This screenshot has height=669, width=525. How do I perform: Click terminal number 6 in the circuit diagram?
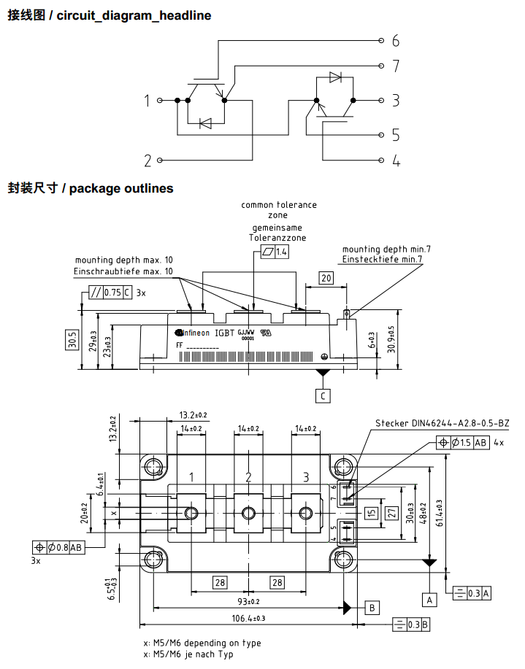(395, 40)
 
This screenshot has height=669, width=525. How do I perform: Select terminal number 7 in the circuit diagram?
(395, 66)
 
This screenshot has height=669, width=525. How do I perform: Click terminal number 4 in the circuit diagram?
(396, 161)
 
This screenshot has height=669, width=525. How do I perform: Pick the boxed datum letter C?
(323, 396)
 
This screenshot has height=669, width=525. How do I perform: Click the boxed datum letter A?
(430, 600)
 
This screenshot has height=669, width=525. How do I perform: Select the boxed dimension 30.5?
(72, 340)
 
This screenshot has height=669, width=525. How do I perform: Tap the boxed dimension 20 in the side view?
(326, 278)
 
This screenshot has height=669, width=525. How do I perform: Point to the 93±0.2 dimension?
(249, 601)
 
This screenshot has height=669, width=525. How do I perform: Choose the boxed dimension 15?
(372, 513)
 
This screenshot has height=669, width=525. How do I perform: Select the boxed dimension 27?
(391, 513)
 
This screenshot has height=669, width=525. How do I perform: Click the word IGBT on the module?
(225, 333)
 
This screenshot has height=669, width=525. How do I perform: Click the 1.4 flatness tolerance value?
(282, 252)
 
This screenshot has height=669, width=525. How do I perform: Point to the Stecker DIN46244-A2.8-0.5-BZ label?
(442, 423)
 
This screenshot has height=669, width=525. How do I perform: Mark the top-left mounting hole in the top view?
(154, 466)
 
